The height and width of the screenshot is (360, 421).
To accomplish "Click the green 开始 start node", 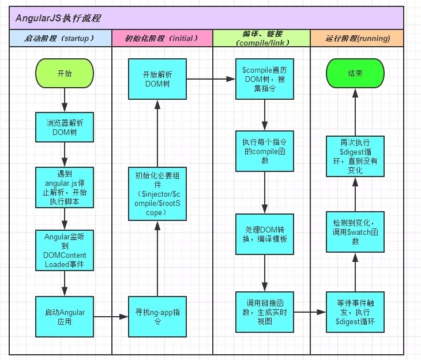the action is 65,73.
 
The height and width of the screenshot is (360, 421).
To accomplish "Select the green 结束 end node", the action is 355,73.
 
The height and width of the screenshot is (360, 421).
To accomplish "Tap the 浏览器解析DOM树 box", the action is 65,127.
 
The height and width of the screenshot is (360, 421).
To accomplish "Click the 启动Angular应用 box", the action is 65,317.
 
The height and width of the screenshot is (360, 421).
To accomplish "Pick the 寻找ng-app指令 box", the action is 157,317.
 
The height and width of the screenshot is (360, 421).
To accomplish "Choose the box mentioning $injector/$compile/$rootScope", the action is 157,194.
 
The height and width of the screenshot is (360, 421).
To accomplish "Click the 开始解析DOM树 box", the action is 157,79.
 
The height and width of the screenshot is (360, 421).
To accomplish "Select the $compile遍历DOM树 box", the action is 265,79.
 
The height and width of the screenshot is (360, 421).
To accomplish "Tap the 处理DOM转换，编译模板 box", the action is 265,234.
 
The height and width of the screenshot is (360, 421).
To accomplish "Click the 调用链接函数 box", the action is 265,312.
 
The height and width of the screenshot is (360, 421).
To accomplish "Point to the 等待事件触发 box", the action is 355,312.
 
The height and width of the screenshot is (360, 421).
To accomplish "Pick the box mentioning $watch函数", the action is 355,232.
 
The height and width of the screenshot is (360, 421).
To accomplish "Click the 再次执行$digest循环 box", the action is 355,156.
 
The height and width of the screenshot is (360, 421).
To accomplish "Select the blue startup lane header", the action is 61,38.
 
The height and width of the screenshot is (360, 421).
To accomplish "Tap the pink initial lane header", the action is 162,38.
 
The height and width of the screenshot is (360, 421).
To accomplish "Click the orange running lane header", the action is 357,38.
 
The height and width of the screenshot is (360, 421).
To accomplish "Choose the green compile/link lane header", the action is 261,38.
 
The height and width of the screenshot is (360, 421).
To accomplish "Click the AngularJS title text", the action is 58,18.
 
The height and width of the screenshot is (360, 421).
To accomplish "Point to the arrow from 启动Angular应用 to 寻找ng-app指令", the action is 111,317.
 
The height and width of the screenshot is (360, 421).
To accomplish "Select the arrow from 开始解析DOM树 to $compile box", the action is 211,79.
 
